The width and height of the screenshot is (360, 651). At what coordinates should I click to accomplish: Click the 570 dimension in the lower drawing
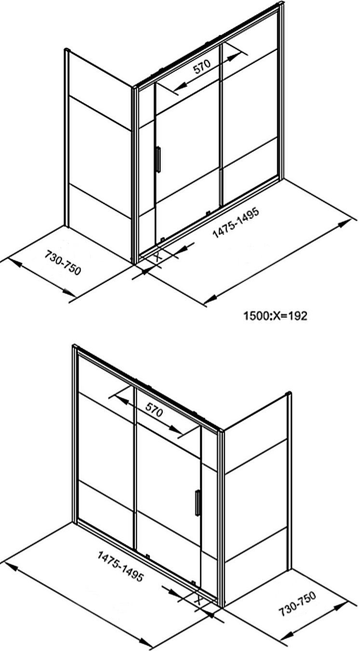tap(154, 410)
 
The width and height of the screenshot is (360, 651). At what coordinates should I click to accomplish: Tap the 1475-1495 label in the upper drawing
tap(236, 223)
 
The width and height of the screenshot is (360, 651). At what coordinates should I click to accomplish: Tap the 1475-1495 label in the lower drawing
tap(120, 567)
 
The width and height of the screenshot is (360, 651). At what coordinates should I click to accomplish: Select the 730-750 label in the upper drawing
tap(63, 262)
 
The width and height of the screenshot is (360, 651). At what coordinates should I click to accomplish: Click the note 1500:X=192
tap(275, 316)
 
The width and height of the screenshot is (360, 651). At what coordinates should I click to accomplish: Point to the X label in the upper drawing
tap(157, 257)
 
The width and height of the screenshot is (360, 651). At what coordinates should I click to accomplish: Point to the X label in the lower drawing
tap(198, 599)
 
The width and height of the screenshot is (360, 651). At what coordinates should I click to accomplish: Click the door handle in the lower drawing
tap(198, 503)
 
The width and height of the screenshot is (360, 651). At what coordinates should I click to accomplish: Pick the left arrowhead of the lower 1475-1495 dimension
tap(11, 565)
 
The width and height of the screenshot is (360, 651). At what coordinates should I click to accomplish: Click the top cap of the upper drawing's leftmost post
tap(67, 50)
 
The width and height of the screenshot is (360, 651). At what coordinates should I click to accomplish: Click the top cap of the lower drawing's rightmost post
tap(289, 393)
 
